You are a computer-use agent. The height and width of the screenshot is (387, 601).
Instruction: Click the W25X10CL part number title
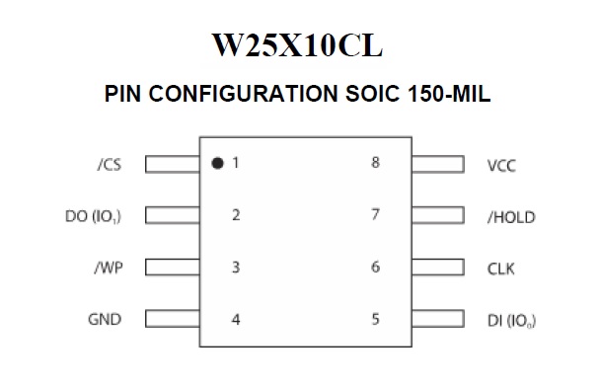point(300,45)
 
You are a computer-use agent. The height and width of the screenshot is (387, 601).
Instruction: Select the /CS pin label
point(109,165)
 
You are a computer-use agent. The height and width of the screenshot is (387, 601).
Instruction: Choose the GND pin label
point(107,320)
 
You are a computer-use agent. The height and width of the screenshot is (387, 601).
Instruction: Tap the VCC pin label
point(501,165)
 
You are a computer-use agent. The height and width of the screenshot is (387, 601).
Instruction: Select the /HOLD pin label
point(511,216)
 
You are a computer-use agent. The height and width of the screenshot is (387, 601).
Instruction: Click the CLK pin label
point(501,268)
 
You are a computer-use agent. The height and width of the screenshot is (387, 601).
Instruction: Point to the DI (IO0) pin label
point(512,320)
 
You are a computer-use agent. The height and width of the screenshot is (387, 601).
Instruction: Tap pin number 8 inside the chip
point(375,163)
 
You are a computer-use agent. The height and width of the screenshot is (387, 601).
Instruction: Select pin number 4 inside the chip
point(236,320)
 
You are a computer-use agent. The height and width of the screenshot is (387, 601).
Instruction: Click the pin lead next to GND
point(172,319)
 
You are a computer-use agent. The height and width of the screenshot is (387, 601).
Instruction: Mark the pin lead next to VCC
point(437,164)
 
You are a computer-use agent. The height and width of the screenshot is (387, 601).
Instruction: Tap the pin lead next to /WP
point(172,268)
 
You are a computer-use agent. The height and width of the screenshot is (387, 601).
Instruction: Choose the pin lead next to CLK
point(437,268)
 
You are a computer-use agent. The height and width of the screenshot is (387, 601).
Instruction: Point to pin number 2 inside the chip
point(236,215)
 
